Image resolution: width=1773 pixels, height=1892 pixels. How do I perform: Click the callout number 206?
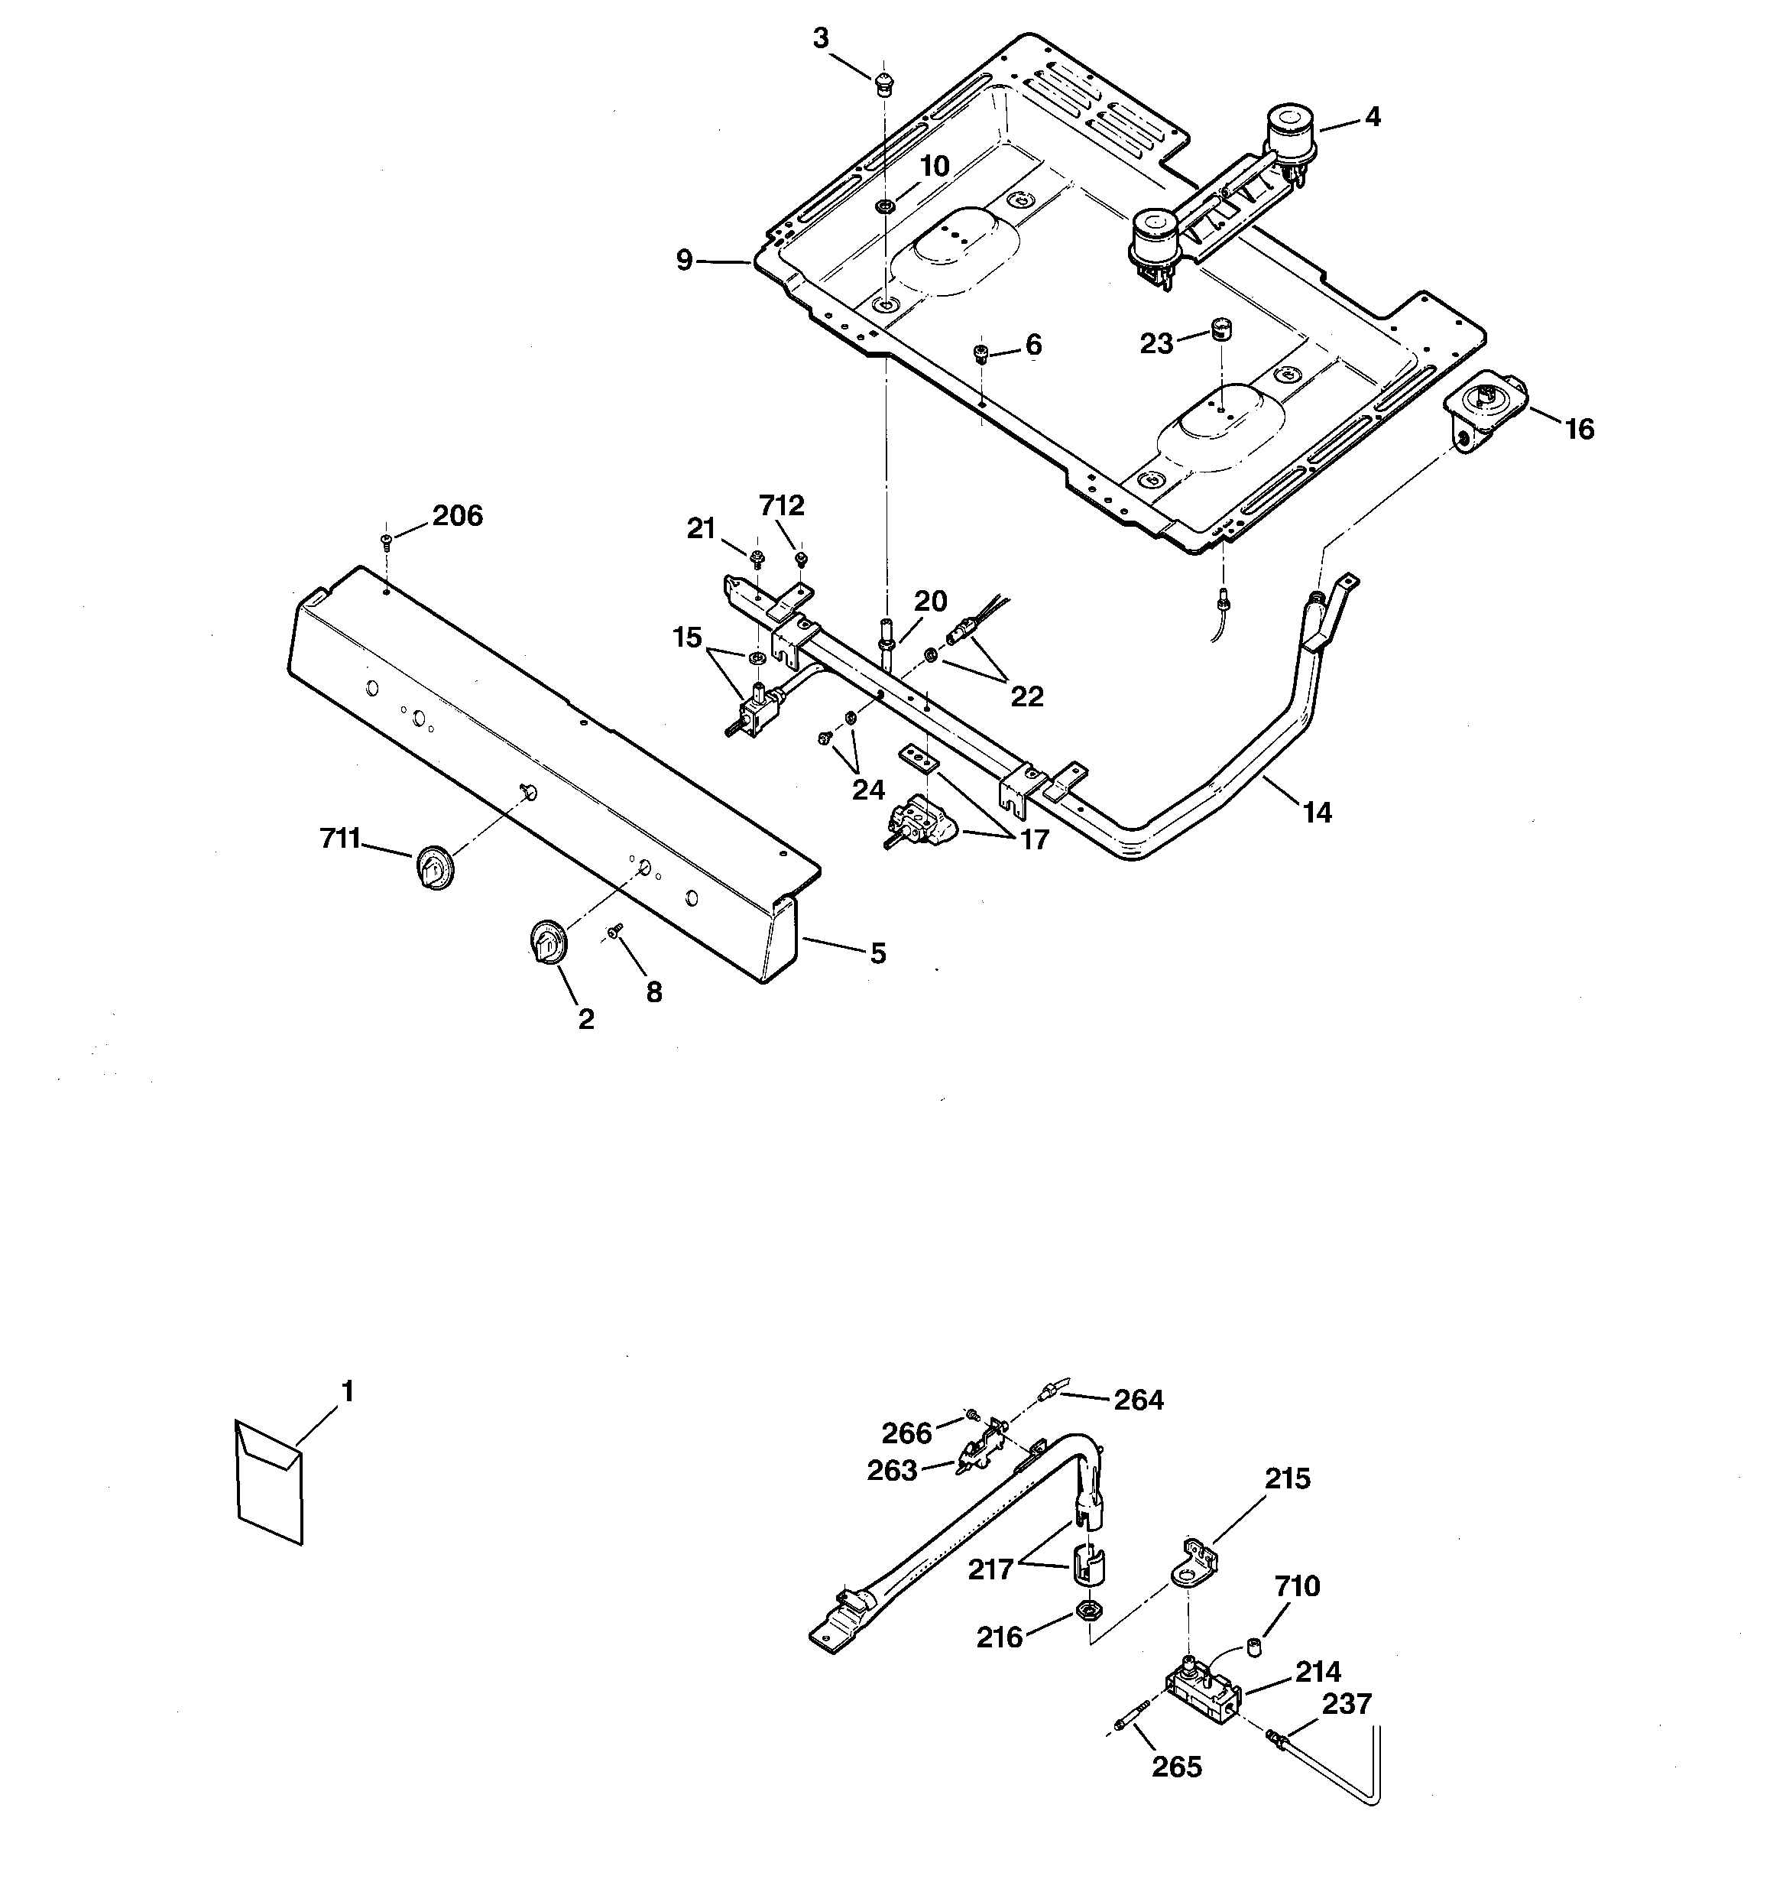[x=457, y=516]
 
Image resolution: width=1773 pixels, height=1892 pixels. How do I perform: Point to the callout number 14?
[x=1317, y=812]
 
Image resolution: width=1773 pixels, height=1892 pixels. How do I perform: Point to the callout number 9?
[x=684, y=260]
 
